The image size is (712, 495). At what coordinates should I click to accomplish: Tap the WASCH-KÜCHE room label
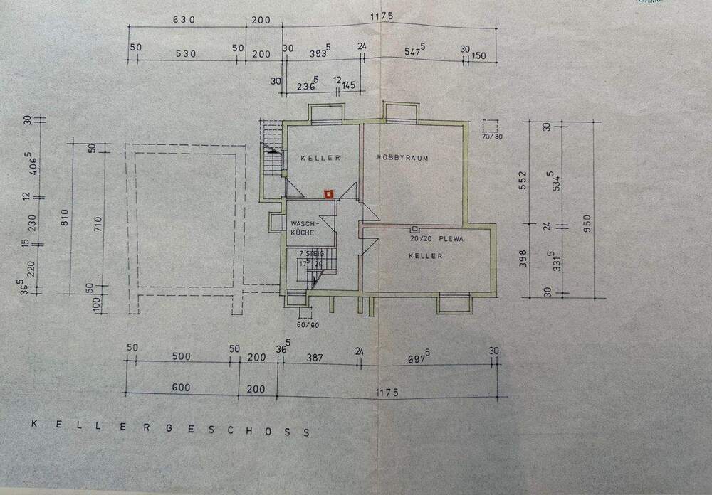(x=303, y=228)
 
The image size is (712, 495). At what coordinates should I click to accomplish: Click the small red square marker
(x=328, y=193)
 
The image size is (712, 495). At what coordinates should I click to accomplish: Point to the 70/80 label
(x=492, y=136)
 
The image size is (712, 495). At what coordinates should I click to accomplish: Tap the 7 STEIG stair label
(x=311, y=253)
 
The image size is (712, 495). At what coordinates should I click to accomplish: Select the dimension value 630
(x=184, y=20)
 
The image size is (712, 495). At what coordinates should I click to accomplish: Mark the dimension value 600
(x=181, y=388)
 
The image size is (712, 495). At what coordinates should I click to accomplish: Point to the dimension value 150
(x=479, y=55)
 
